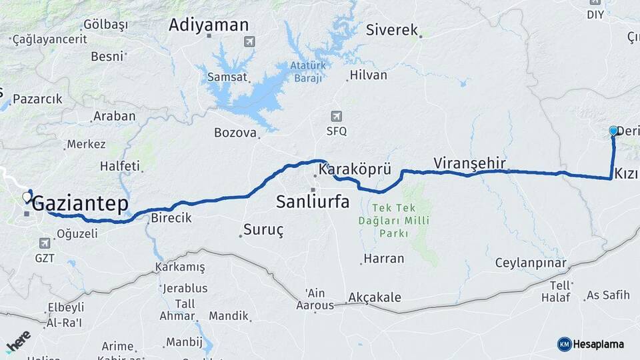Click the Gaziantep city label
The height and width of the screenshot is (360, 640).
click(80, 203)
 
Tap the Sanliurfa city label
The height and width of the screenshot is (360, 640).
click(313, 201)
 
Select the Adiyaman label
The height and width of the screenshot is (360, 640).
click(209, 25)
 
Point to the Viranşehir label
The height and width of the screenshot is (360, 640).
click(469, 163)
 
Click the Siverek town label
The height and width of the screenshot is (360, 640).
click(392, 30)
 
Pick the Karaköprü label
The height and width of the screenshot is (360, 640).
click(355, 170)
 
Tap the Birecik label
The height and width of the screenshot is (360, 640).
click(171, 218)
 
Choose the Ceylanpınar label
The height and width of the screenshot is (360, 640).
click(531, 263)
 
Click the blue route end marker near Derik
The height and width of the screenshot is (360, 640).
click(614, 131)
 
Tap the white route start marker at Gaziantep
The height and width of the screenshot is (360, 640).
click(27, 197)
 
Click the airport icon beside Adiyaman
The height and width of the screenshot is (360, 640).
click(249, 42)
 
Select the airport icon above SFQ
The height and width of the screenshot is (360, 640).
click(336, 116)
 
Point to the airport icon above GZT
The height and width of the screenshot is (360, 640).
click(45, 243)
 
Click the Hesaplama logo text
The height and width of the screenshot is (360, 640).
click(598, 344)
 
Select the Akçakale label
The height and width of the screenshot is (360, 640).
click(375, 298)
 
